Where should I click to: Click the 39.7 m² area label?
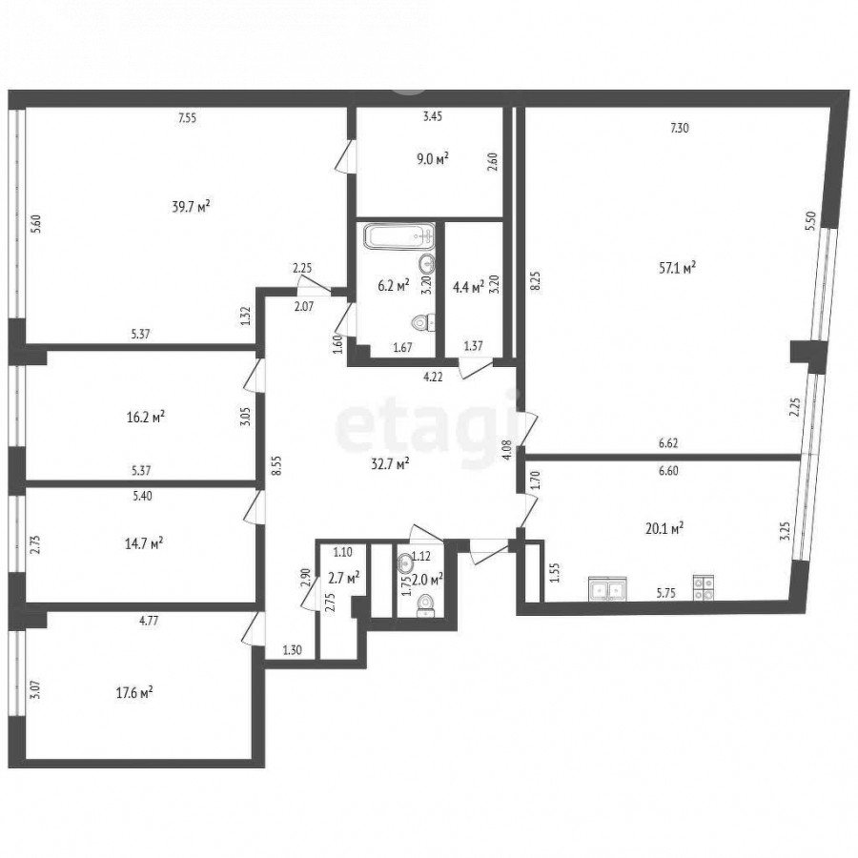(x=191, y=207)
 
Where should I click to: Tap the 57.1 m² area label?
(x=678, y=268)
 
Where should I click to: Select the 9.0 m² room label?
(x=433, y=159)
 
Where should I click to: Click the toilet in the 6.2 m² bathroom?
(x=424, y=322)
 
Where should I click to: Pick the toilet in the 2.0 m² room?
(x=426, y=605)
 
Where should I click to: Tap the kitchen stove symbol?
(x=704, y=587)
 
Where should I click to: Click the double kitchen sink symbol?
(x=608, y=589)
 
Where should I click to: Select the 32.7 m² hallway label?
(x=391, y=464)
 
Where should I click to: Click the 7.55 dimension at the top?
(x=187, y=117)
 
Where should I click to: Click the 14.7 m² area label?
(x=143, y=543)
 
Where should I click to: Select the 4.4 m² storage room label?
(x=469, y=286)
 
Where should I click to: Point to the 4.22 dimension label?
(x=434, y=377)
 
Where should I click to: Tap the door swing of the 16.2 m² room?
(x=251, y=375)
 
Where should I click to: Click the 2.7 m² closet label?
(x=343, y=578)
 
